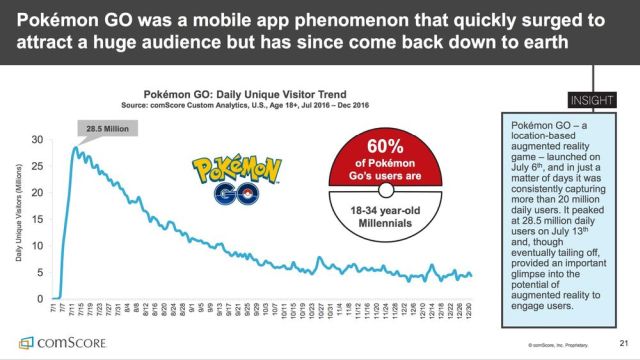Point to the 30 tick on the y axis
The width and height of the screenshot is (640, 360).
(x=38, y=140)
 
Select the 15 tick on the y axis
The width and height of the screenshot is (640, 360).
(x=38, y=219)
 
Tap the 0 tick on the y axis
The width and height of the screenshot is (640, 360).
(x=41, y=299)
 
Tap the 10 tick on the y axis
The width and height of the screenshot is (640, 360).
(x=38, y=246)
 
